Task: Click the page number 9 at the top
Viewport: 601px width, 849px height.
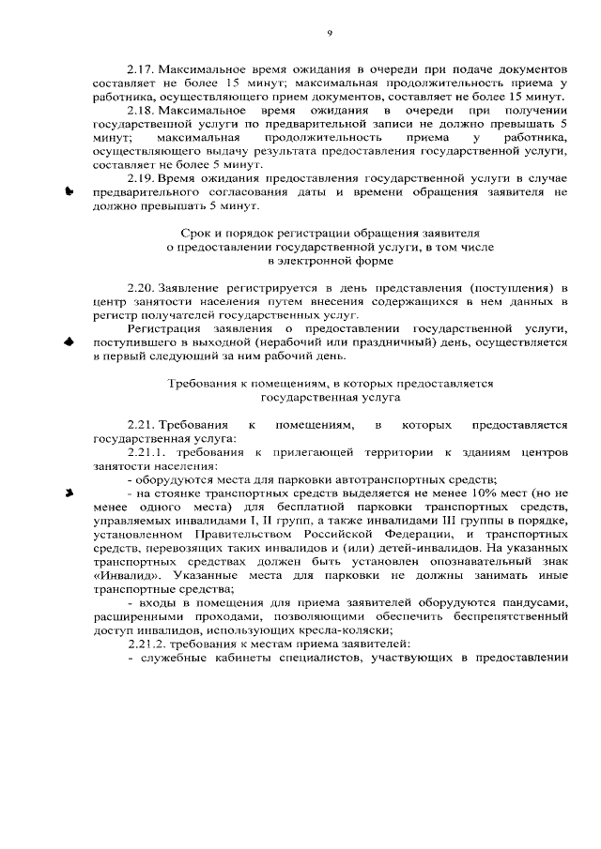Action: click(x=330, y=33)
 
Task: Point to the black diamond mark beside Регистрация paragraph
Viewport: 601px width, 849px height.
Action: click(x=69, y=342)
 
